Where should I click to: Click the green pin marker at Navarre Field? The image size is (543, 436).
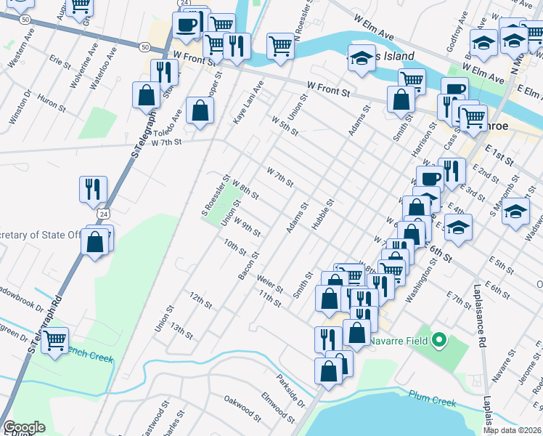pos(438,339)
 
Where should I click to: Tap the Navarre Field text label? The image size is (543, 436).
pos(401,340)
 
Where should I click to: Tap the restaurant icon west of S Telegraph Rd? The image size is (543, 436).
pos(93,189)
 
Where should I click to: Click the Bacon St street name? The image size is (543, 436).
pos(249,266)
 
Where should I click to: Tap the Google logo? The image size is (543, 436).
pos(24,427)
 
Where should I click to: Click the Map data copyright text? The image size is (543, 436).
pos(513,430)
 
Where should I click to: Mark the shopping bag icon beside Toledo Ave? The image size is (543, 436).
pos(200,110)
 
